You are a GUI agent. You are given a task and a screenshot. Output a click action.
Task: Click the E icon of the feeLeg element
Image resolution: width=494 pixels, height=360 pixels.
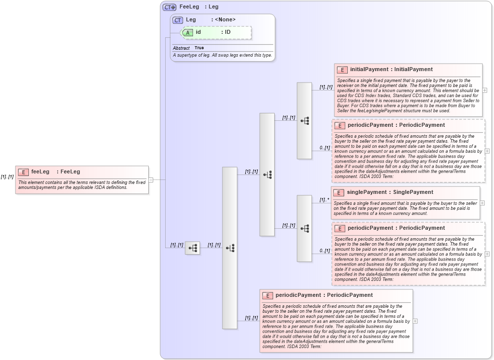(x=23, y=172)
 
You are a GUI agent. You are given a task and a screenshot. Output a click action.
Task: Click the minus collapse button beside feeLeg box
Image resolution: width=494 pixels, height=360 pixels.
(x=151, y=180)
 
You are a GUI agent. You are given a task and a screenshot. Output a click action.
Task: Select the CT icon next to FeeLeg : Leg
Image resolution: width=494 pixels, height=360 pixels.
(x=170, y=7)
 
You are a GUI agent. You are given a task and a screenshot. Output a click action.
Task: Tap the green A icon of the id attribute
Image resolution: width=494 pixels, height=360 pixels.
(x=188, y=32)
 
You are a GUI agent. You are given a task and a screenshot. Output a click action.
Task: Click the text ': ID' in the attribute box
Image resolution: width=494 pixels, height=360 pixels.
(x=225, y=32)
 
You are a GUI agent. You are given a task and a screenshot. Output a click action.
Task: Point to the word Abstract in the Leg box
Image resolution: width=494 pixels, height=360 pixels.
(x=181, y=48)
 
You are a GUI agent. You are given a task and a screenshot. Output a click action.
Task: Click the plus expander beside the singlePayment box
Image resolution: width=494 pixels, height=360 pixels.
(x=482, y=203)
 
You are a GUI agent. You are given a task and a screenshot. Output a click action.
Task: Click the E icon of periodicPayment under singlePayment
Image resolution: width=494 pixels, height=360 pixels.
(x=339, y=229)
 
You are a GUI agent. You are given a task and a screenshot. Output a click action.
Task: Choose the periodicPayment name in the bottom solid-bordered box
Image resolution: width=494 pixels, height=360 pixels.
(x=298, y=295)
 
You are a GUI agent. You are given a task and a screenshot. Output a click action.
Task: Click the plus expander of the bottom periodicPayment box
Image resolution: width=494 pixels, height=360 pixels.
(x=415, y=321)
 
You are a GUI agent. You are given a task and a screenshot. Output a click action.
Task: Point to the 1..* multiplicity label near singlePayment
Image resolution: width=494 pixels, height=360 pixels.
(x=324, y=200)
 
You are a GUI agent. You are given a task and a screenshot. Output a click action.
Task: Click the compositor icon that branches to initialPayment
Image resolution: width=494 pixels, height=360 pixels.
(x=304, y=121)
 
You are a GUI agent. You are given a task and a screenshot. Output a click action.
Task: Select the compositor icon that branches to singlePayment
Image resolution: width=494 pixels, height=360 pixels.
(x=304, y=228)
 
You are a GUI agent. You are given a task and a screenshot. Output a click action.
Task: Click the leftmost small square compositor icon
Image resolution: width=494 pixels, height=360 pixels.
(x=193, y=248)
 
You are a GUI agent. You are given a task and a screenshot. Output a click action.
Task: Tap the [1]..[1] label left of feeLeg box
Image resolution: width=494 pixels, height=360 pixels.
(x=7, y=177)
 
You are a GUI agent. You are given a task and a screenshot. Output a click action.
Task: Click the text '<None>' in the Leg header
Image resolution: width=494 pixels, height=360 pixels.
(x=225, y=20)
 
